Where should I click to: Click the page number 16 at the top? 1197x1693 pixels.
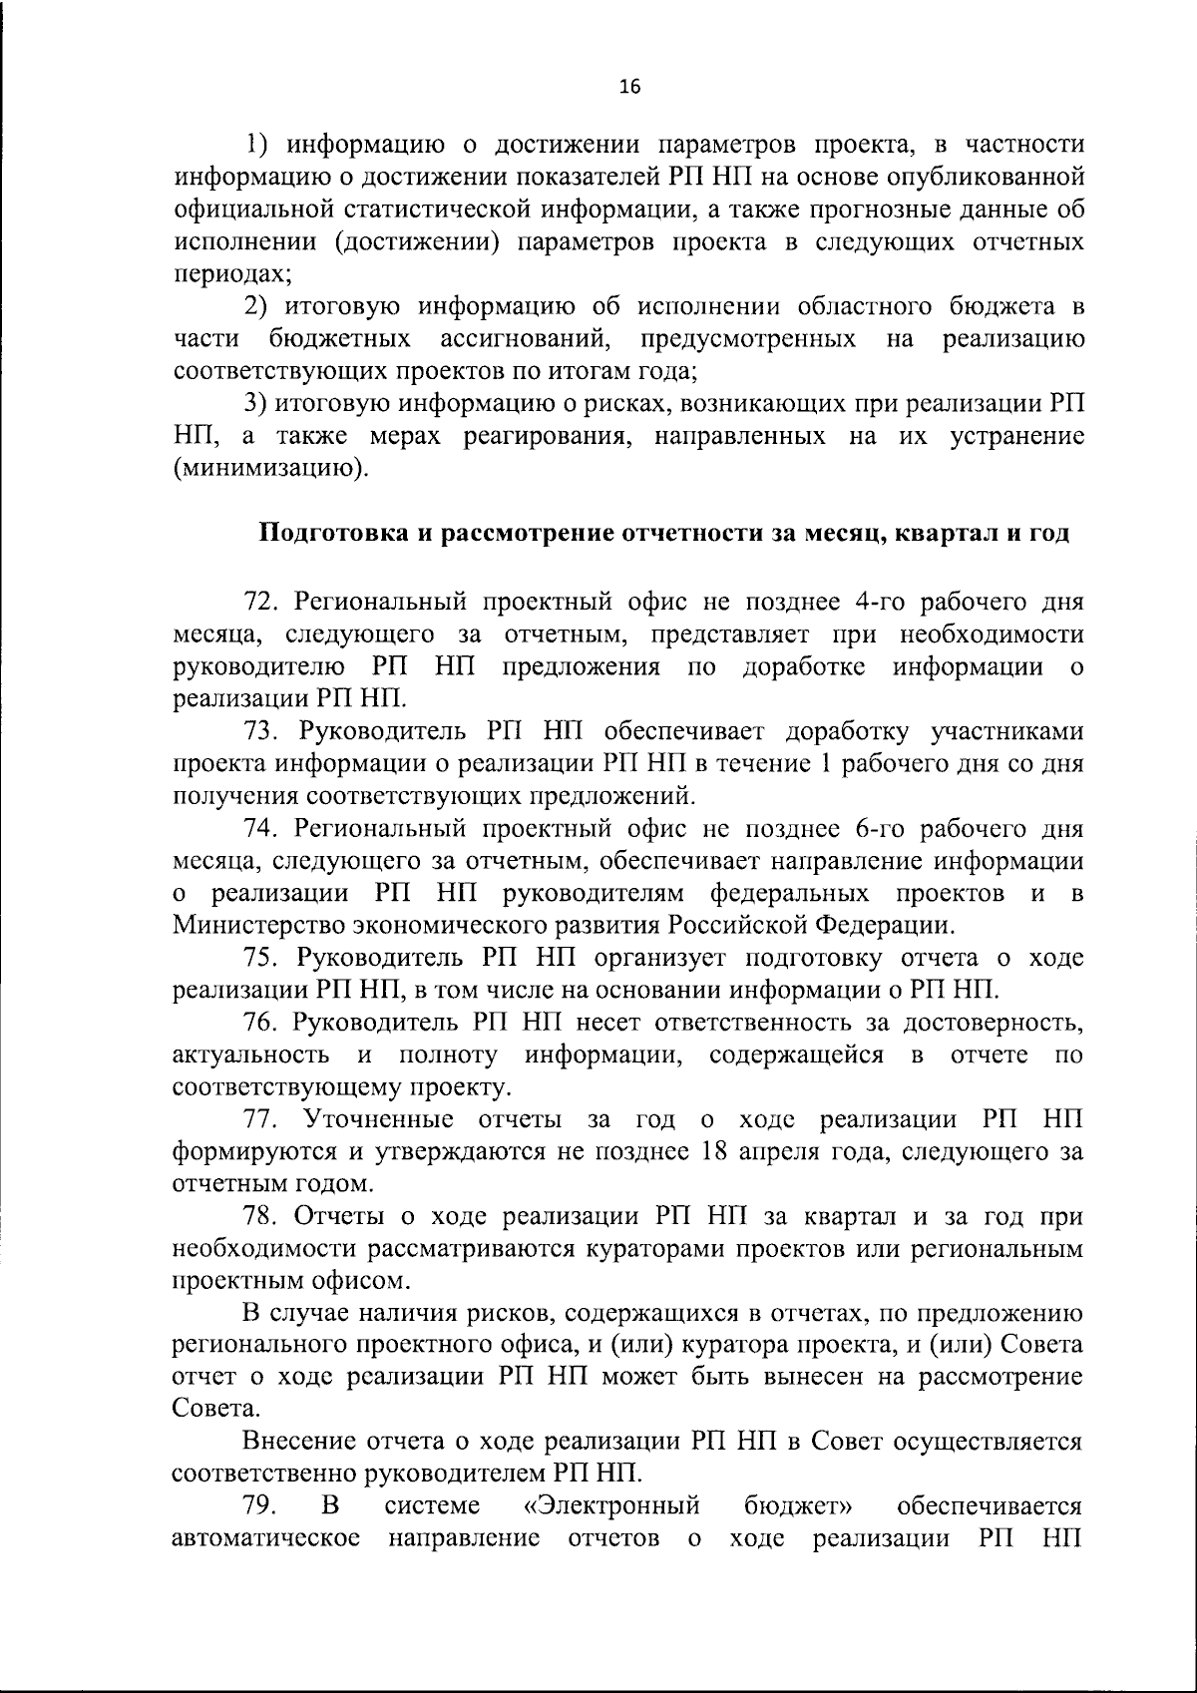pos(629,87)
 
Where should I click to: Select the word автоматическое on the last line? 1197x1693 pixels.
pos(266,1537)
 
